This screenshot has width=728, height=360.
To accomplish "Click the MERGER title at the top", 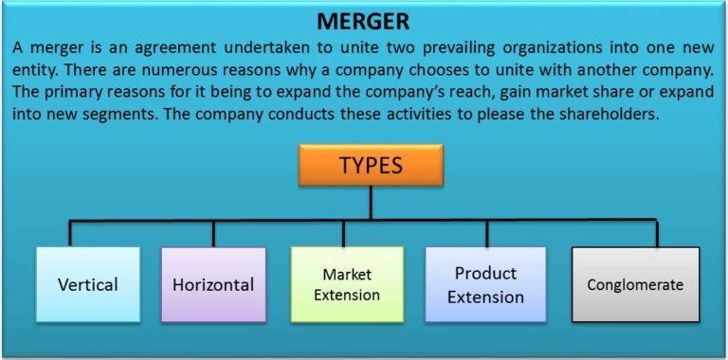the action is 364,20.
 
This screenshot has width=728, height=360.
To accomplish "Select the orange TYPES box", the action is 371,165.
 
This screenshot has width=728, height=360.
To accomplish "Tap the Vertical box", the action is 87,283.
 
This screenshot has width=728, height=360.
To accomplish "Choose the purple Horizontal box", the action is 212,283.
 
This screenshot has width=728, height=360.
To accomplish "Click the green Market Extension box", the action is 347,283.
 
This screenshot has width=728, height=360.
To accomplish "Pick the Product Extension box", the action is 485,283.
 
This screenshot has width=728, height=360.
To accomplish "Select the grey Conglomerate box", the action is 635,283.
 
